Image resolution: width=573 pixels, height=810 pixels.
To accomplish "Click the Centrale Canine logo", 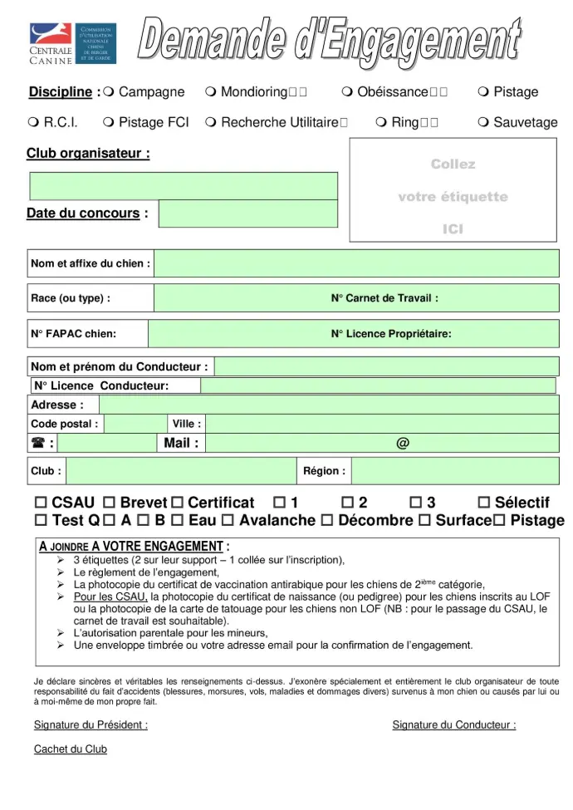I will pos(72,44).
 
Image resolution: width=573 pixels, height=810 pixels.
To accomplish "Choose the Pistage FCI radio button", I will pos(109,122).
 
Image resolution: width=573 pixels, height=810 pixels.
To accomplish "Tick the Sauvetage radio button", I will pos(483,122).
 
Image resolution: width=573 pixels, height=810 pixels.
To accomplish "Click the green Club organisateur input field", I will pos(184,186).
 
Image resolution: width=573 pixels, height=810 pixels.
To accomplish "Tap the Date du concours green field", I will pos(247,214).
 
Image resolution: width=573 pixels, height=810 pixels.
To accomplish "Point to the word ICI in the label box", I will pos(453,229).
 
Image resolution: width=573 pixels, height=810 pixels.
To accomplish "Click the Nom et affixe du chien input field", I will pos(356,263).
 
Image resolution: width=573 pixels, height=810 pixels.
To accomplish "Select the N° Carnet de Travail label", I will pos(384,297).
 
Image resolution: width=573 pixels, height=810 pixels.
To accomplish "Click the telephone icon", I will pos(38,443).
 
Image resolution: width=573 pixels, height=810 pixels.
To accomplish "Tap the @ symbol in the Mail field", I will pos(403,443).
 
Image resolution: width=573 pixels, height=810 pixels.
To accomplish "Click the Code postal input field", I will pos(135,424).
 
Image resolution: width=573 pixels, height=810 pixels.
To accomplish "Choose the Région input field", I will pos(454,471).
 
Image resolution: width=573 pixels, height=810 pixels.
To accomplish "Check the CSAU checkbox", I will pos(41,503).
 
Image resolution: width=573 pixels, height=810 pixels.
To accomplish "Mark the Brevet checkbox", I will pos(109,503).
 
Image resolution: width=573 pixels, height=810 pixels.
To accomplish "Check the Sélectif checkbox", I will pos(484,503).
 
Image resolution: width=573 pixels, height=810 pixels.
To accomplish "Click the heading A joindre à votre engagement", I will pos(134,547).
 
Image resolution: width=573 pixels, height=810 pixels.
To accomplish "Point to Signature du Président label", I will pos(91,725).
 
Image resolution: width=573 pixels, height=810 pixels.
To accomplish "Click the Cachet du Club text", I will pos(71,749).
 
